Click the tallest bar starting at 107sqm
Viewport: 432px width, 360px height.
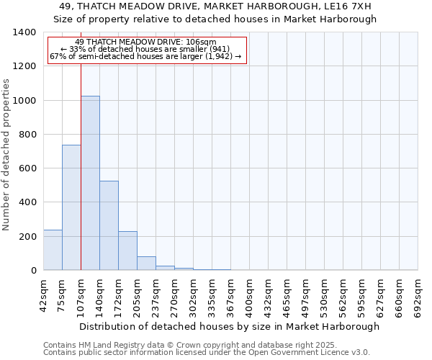pyautogui.click(x=90, y=183)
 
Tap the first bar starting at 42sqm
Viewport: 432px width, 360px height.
pyautogui.click(x=53, y=250)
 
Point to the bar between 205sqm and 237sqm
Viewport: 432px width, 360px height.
pyautogui.click(x=146, y=264)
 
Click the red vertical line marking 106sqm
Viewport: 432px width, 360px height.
pyautogui.click(x=81, y=166)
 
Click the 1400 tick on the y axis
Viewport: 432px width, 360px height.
pyautogui.click(x=24, y=32)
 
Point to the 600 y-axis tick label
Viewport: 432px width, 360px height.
pyautogui.click(x=27, y=168)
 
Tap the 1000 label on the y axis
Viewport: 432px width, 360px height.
pyautogui.click(x=24, y=101)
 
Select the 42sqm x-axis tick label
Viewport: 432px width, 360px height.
pyautogui.click(x=43, y=294)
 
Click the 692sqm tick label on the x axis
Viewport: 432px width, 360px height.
pyautogui.click(x=418, y=294)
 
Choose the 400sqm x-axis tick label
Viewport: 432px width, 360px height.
pyautogui.click(x=249, y=294)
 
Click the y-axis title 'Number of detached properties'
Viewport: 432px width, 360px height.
pyautogui.click(x=6, y=155)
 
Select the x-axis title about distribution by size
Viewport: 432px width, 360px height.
pyautogui.click(x=229, y=326)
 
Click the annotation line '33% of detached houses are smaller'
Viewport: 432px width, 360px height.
pyautogui.click(x=147, y=49)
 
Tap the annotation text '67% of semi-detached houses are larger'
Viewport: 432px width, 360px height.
pyautogui.click(x=147, y=56)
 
